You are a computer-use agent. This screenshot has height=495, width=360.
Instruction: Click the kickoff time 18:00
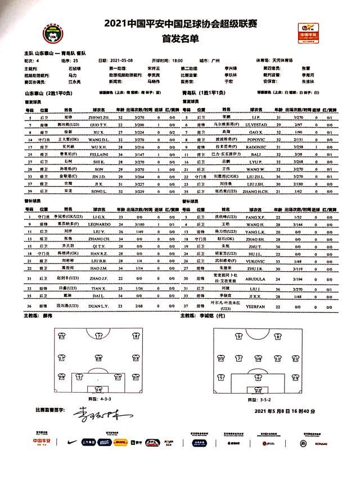tap(177, 60)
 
